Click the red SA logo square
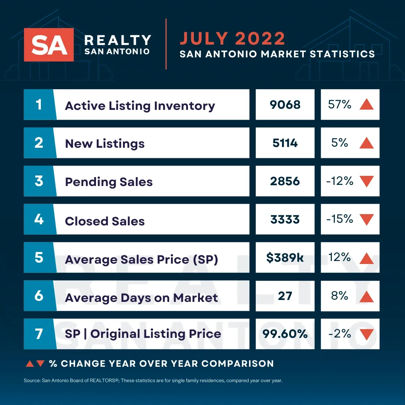pyautogui.click(x=49, y=45)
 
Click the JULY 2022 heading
pyautogui.click(x=232, y=39)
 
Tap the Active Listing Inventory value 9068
pyautogui.click(x=285, y=105)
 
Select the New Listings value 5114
pyautogui.click(x=285, y=143)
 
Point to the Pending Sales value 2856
pyautogui.click(x=285, y=181)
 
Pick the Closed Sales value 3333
pyautogui.click(x=285, y=219)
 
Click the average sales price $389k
pyautogui.click(x=285, y=258)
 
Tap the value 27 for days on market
pyautogui.click(x=285, y=296)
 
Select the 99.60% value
pyautogui.click(x=285, y=334)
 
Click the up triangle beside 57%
pyautogui.click(x=366, y=105)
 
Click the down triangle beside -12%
pyautogui.click(x=366, y=181)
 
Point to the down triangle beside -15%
pyautogui.click(x=366, y=219)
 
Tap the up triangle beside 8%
pyautogui.click(x=366, y=297)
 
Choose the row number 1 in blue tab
pyautogui.click(x=39, y=104)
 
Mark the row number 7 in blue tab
pyautogui.click(x=39, y=334)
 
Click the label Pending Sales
pyautogui.click(x=109, y=182)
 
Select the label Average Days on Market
pyautogui.click(x=141, y=298)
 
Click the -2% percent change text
pyautogui.click(x=340, y=333)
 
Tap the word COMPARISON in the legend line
pyautogui.click(x=237, y=363)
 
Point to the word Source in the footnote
pyautogui.click(x=32, y=381)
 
